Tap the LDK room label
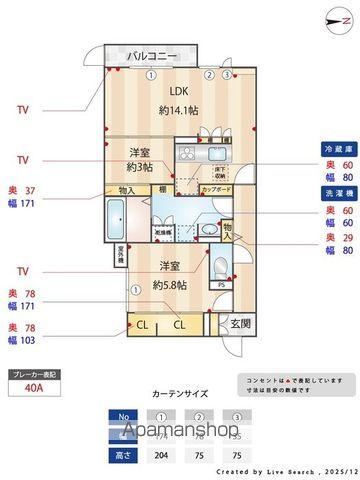pos(178,88)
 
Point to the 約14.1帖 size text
pos(178,112)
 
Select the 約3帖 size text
pos(140,168)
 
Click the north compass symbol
pos(331,17)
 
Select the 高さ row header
pos(123,451)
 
